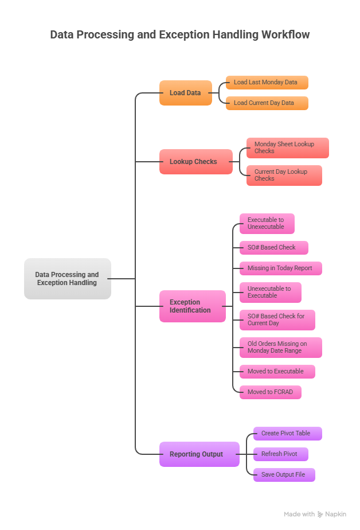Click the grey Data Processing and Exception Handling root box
[67, 279]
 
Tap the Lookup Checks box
[195, 162]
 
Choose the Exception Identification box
[192, 306]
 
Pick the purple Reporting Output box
[199, 454]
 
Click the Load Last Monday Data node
[267, 83]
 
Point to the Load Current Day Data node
[267, 103]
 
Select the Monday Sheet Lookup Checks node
[287, 148]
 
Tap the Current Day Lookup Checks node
[284, 176]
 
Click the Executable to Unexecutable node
[267, 224]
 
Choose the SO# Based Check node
[273, 248]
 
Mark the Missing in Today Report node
[280, 268]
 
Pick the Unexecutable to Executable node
[270, 293]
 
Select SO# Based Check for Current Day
[277, 320]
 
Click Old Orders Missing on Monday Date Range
[280, 348]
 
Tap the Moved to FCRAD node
[270, 392]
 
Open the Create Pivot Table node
[287, 434]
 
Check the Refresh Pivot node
[280, 454]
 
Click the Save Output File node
[284, 475]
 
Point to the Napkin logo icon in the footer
[320, 515]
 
